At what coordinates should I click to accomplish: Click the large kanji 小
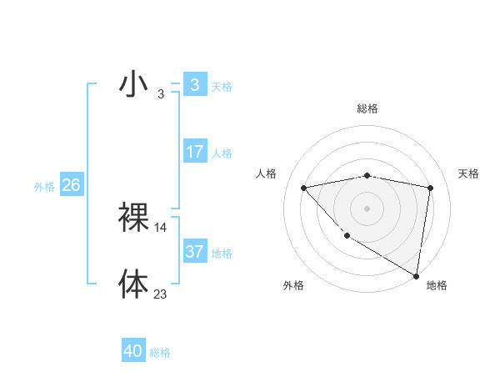133,84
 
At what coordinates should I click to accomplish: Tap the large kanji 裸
133,218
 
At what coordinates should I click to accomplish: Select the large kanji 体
133,284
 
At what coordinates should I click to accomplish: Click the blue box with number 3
194,84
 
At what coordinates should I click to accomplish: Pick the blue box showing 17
194,152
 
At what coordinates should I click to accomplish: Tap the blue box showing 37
194,252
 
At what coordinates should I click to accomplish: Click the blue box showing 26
71,185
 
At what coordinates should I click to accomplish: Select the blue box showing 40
132,352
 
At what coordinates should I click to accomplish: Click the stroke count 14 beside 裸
161,228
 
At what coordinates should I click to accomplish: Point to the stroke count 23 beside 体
161,294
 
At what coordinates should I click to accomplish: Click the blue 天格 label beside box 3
222,86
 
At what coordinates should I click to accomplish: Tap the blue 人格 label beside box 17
222,153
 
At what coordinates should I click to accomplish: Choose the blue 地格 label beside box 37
222,254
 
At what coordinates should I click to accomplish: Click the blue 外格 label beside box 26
44,187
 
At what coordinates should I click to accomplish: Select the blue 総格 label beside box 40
160,354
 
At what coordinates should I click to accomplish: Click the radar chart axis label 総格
367,108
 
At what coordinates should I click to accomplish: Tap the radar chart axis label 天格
469,173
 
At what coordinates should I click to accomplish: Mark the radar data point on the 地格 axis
416,276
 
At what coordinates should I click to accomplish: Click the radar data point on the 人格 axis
303,188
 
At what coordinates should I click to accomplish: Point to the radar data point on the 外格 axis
346,236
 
